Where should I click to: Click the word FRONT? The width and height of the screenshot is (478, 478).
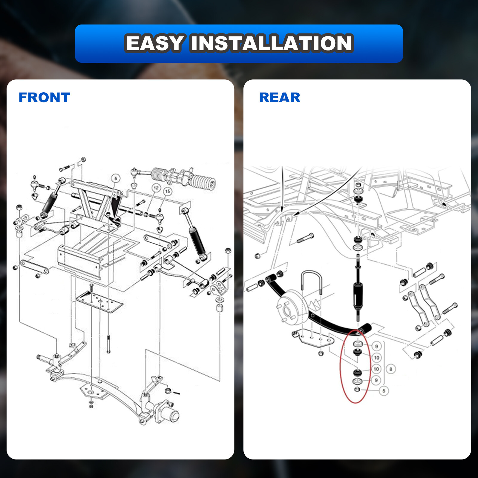tap(44, 97)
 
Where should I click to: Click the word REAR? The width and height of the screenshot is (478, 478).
tap(280, 97)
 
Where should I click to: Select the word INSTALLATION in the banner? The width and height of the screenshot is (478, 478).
tap(272, 43)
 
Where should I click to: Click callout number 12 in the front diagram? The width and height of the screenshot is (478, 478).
tap(156, 188)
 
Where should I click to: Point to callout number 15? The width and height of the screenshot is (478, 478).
tap(168, 191)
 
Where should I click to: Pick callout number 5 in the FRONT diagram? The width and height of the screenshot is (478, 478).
tap(116, 179)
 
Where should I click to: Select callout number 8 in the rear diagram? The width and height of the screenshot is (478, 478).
tap(391, 369)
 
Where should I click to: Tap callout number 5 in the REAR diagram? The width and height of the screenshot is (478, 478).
tap(384, 390)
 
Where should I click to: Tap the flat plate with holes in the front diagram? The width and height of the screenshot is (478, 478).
tap(99, 302)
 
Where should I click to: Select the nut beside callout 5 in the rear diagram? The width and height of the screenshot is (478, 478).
tap(357, 390)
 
